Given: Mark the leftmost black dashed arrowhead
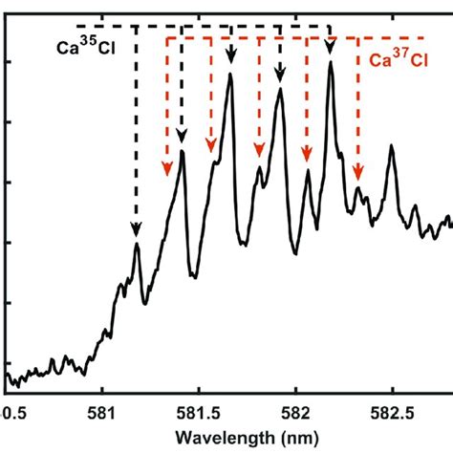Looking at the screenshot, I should pyautogui.click(x=136, y=228).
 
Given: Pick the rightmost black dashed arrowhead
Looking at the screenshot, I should pyautogui.click(x=331, y=48).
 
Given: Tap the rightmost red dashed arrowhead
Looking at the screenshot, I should pyautogui.click(x=358, y=173).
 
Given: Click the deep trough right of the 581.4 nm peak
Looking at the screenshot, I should pyautogui.click(x=194, y=275).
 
